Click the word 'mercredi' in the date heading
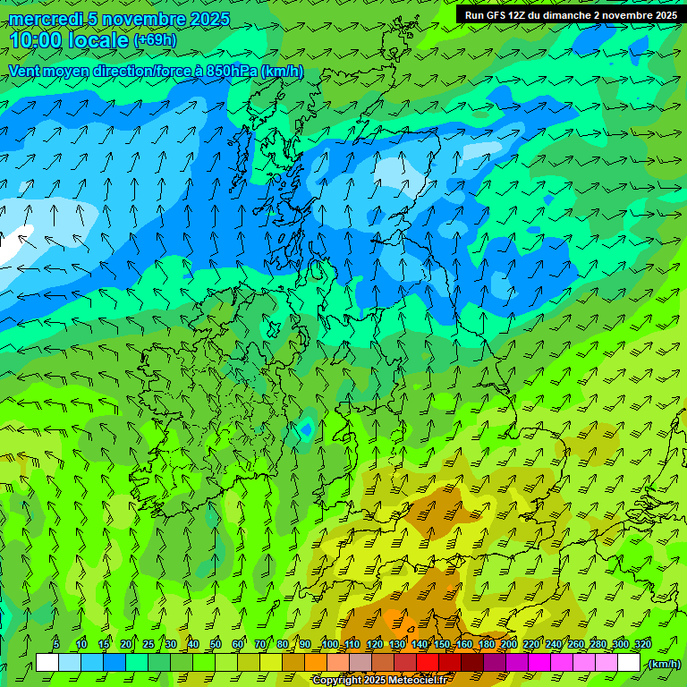pos(43,19)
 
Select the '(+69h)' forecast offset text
pos(155,40)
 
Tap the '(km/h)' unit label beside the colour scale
pos(664,663)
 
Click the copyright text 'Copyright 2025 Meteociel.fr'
pos(380,681)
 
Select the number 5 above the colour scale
pos(56,645)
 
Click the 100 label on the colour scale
pos(330,645)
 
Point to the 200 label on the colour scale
pos(509,645)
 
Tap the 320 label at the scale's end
pos(643,645)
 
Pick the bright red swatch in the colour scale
pos(428,663)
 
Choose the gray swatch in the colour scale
pos(360,663)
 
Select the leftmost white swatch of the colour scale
pos(47,663)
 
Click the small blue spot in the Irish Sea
pos(306,429)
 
